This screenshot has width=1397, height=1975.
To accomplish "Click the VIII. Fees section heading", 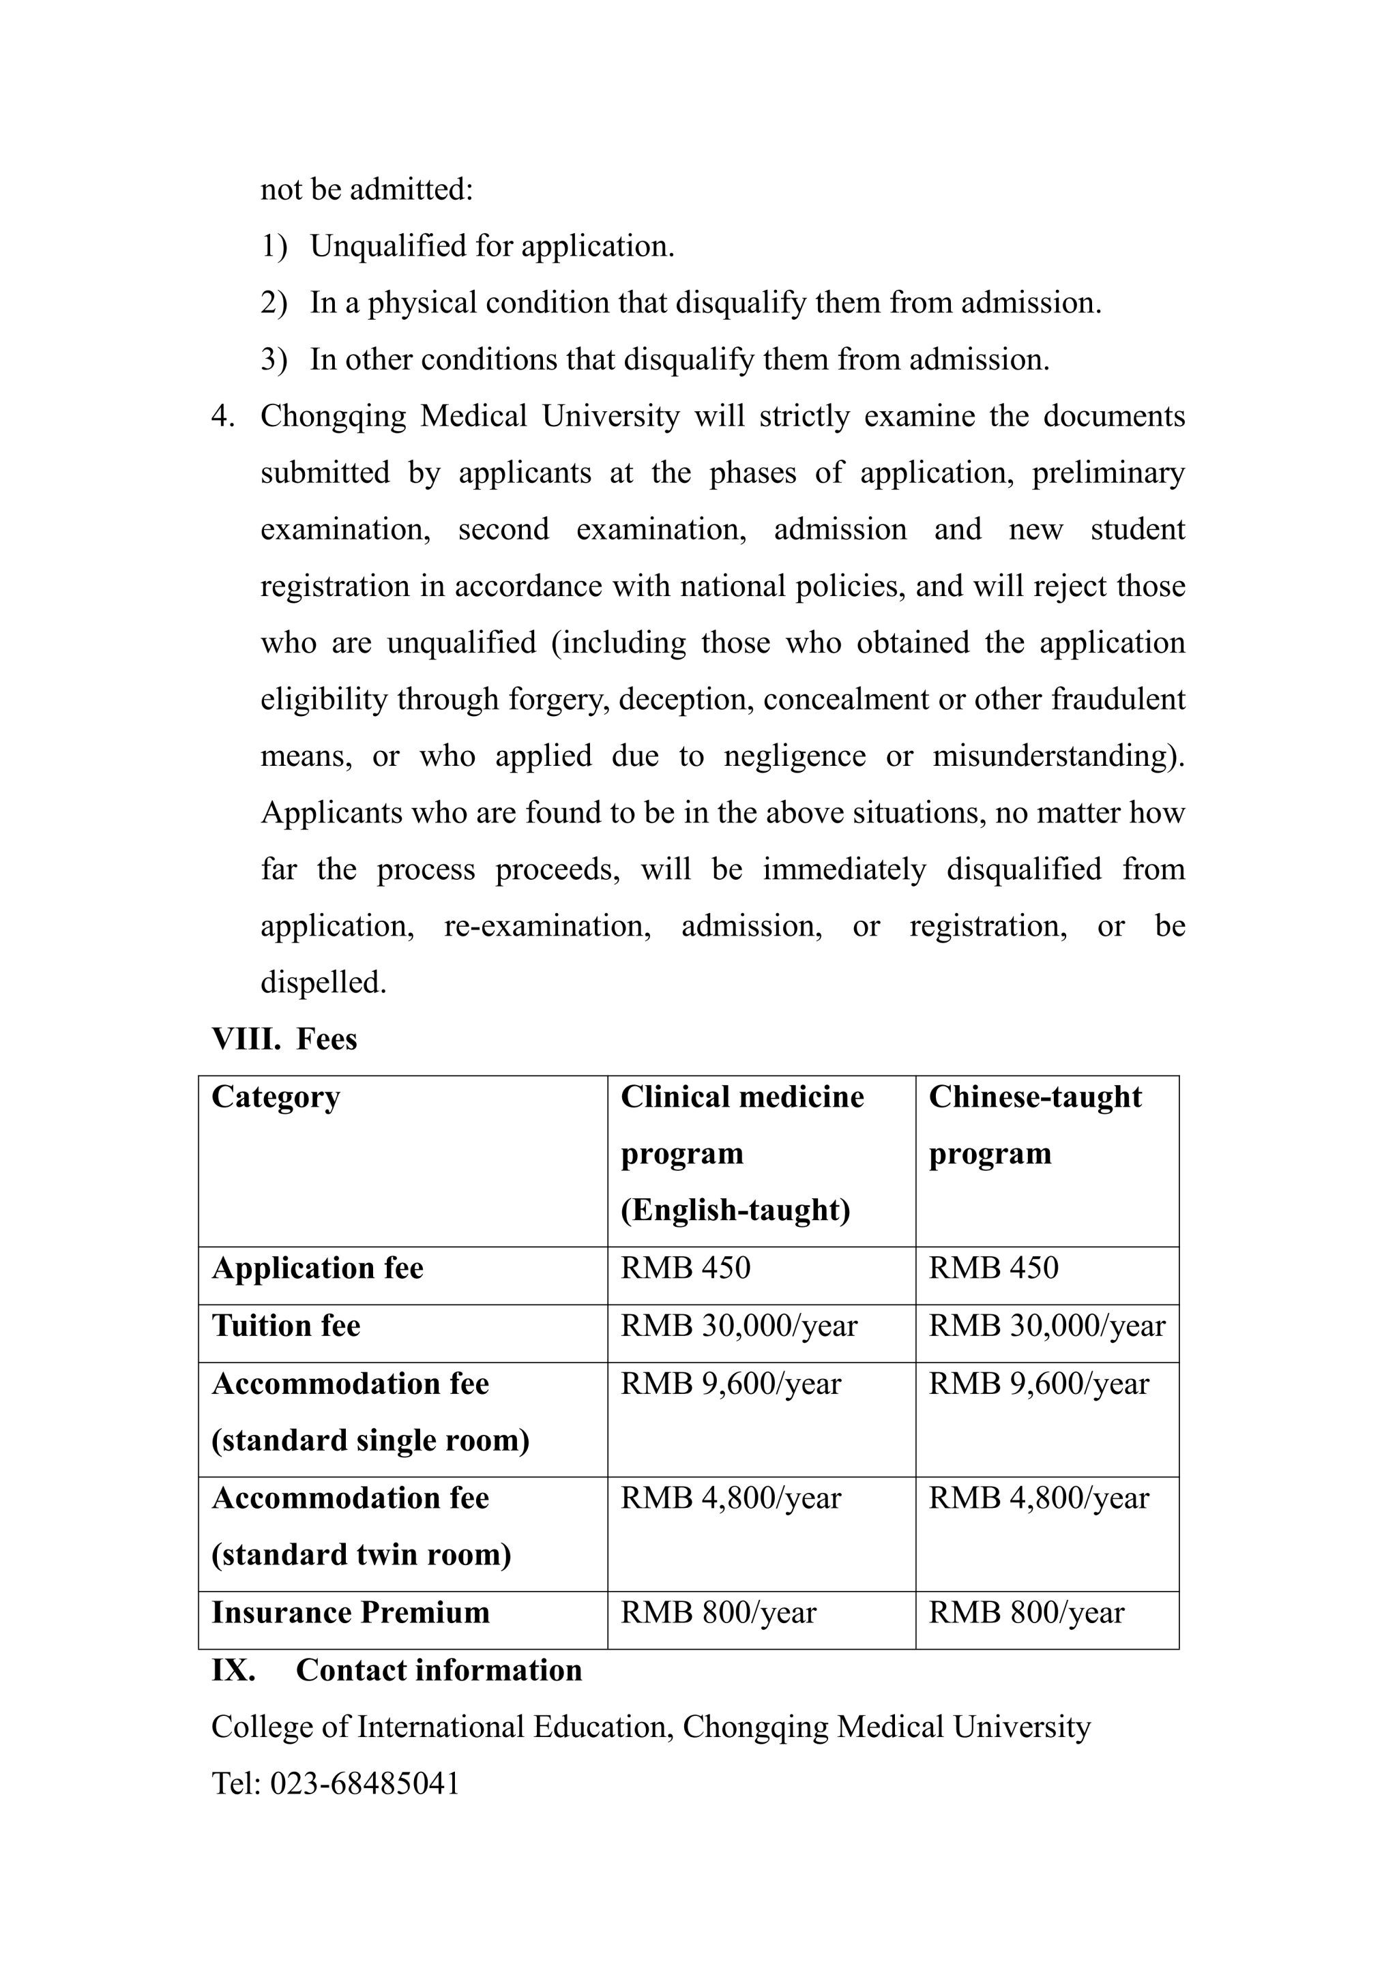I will (x=284, y=1039).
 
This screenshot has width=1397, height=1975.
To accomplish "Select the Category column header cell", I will (x=276, y=1097).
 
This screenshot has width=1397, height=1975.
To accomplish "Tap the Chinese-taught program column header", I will (x=1035, y=1125).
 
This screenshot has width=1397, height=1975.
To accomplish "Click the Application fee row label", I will (x=317, y=1268).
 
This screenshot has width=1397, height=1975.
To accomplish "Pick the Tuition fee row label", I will (x=286, y=1326).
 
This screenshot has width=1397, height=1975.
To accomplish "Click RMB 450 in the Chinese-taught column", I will (x=994, y=1268).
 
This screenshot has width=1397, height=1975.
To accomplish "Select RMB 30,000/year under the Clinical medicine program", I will (x=739, y=1326).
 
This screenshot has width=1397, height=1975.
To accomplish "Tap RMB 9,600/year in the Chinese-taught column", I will (x=1038, y=1383).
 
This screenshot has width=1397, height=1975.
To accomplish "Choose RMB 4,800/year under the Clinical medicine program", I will (x=731, y=1498).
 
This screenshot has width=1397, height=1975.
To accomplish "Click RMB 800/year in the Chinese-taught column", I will (x=1026, y=1612).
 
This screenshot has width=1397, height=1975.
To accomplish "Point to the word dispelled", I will (x=323, y=982).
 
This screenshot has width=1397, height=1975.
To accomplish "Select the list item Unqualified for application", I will (x=492, y=246).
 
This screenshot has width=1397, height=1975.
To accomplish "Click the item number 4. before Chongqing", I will (x=223, y=416).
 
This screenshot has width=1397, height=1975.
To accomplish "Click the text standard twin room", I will (x=362, y=1554).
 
